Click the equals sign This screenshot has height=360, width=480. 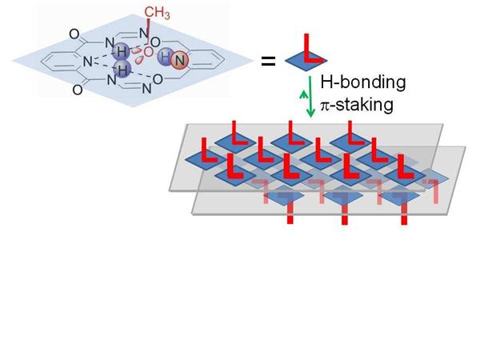266,58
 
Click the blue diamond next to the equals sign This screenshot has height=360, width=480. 302,57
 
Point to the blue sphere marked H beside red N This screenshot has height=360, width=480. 166,57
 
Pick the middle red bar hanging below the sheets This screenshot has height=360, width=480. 346,213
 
